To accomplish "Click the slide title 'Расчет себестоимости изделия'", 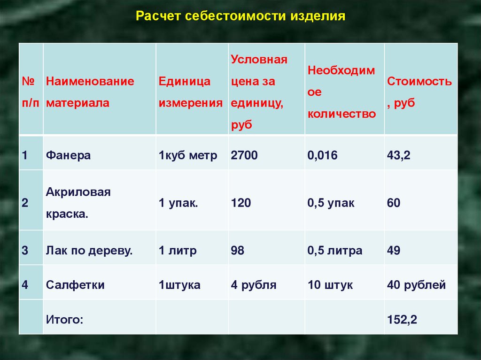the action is (x=240, y=16).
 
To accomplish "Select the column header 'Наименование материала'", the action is (x=90, y=92).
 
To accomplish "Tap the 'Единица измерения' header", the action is (x=191, y=92).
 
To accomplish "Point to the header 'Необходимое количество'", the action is (x=342, y=92).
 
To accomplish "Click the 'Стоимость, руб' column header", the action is (x=419, y=92).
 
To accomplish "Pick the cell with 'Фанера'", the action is (x=68, y=155).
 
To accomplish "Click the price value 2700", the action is (x=244, y=155).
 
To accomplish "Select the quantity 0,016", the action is (x=322, y=155).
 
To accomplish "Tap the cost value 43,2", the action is (x=398, y=155).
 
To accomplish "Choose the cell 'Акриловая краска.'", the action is (x=78, y=203).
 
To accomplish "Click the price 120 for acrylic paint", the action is (x=241, y=203).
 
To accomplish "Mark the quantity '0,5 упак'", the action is (x=331, y=203).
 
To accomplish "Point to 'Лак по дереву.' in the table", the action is (x=89, y=251).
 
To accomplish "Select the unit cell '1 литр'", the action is (x=178, y=251).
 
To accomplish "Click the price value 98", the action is (x=237, y=251).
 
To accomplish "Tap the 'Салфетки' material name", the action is (x=75, y=285).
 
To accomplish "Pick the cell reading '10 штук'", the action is (x=330, y=285).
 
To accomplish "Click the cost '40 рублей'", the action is (x=416, y=285).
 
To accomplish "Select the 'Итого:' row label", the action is (x=64, y=320).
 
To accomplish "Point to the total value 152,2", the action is (x=402, y=320).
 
